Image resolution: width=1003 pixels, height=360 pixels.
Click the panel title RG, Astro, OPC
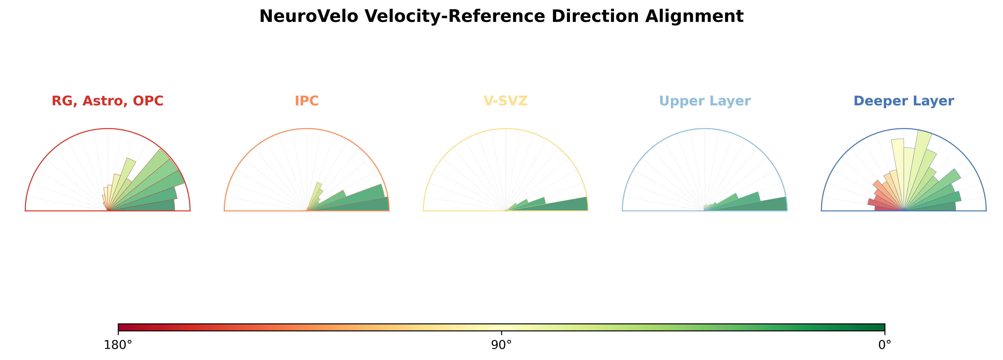[108, 101]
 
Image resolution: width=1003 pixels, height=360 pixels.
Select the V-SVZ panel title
[505, 101]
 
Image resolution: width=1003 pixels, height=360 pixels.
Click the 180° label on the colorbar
[118, 345]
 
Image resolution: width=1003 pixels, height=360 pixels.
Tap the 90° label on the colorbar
[502, 345]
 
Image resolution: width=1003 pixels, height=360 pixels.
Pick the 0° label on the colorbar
[885, 345]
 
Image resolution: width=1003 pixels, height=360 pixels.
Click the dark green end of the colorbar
[881, 327]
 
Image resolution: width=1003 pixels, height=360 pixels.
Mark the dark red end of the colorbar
[122, 327]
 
